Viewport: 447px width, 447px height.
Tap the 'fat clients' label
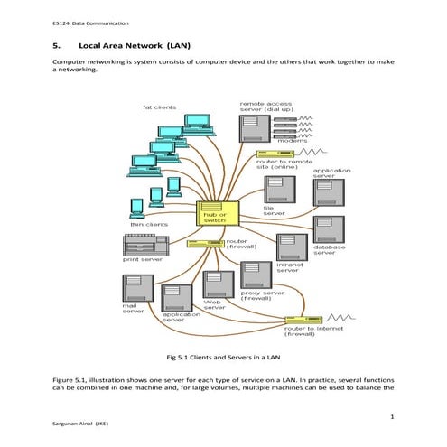click(160, 107)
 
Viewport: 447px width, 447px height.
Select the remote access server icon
click(254, 127)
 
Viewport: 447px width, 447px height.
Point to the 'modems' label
click(292, 140)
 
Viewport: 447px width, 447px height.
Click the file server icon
click(275, 190)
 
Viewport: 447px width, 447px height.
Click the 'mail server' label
click(134, 309)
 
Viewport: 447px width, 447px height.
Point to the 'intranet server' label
click(288, 267)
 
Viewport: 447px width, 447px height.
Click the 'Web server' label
click(215, 305)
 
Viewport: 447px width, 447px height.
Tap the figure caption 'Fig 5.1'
click(222, 358)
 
